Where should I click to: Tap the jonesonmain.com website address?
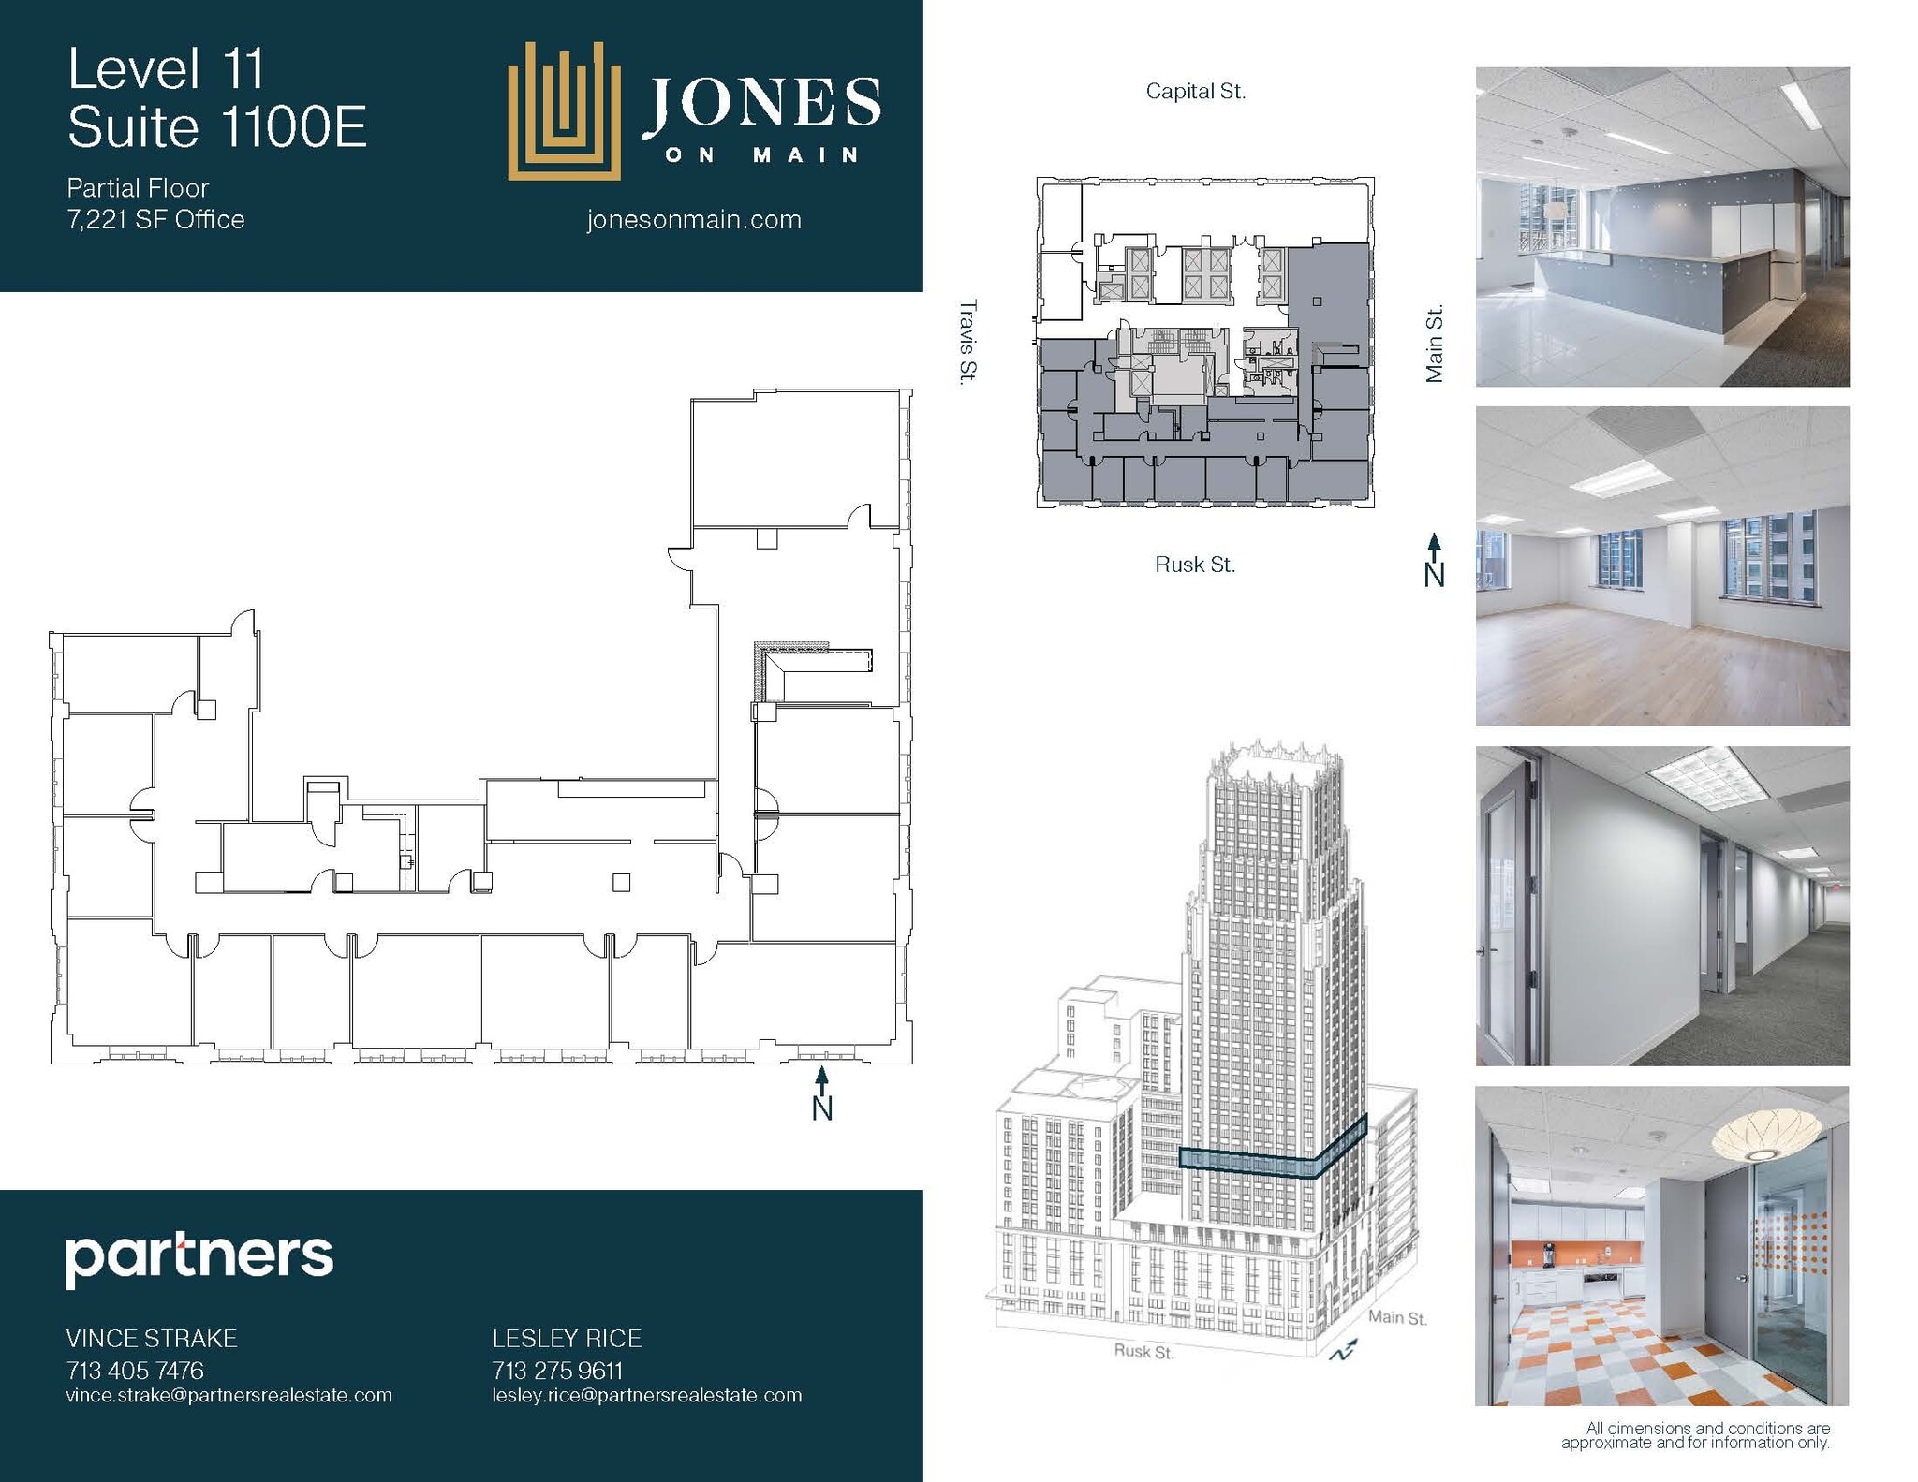(694, 220)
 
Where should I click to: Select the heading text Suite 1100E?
(217, 127)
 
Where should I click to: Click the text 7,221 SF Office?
(155, 219)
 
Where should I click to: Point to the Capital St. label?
(1195, 92)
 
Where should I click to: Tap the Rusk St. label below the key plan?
(1194, 565)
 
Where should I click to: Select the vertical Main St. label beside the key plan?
(1434, 343)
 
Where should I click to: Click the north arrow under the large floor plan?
(821, 1093)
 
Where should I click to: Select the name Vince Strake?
(152, 1338)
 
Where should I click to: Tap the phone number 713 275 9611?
(557, 1371)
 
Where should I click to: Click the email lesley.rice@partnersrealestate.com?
(647, 1395)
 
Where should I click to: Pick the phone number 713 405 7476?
(135, 1371)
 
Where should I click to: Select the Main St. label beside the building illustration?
(1397, 1317)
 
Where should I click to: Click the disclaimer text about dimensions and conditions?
(1694, 1435)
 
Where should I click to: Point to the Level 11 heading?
(167, 69)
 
